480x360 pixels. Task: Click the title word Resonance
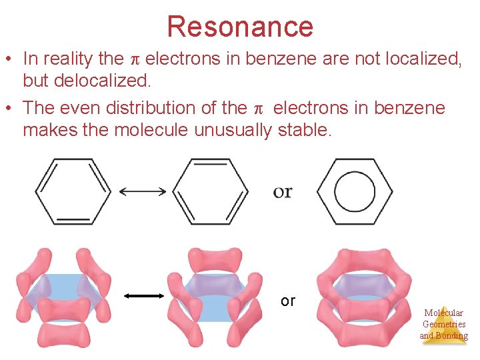tap(240, 27)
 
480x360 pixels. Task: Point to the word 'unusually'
tap(233, 130)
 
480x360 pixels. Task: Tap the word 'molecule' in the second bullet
tap(152, 130)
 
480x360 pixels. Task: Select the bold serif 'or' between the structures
tap(283, 191)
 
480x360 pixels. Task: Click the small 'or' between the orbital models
tap(287, 301)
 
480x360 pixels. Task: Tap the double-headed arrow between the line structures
tap(143, 191)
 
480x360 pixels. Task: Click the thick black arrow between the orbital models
tap(144, 295)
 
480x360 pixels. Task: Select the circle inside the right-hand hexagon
tap(355, 191)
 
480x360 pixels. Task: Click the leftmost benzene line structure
tap(73, 191)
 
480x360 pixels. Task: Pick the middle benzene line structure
tap(211, 191)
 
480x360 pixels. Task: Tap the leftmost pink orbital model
tap(63, 297)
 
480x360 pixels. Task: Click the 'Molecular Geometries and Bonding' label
tap(443, 324)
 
